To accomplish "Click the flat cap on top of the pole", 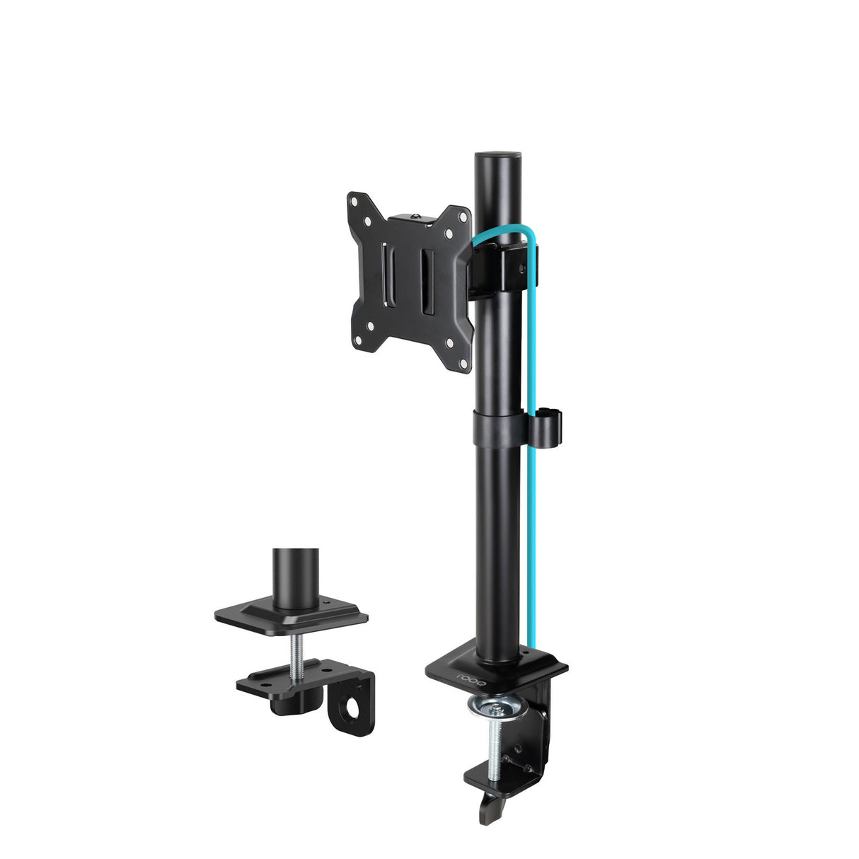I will (497, 154).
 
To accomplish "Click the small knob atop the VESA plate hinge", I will (422, 217).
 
